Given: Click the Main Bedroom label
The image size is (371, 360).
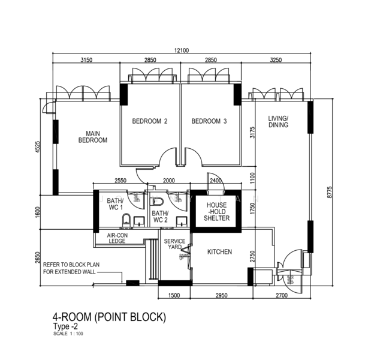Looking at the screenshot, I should pyautogui.click(x=92, y=137).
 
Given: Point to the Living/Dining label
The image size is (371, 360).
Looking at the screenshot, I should pyautogui.click(x=278, y=122).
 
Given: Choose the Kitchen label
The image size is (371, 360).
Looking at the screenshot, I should pyautogui.click(x=219, y=252).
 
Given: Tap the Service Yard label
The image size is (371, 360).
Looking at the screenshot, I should pyautogui.click(x=174, y=244).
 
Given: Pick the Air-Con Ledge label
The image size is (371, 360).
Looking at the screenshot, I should pyautogui.click(x=116, y=239).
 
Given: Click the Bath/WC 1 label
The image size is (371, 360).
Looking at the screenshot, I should pyautogui.click(x=116, y=204).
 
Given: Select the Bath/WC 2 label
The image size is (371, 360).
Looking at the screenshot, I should pyautogui.click(x=160, y=217).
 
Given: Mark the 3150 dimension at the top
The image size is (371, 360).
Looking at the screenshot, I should pyautogui.click(x=89, y=61).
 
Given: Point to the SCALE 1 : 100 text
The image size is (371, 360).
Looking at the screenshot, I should pyautogui.click(x=68, y=334).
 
